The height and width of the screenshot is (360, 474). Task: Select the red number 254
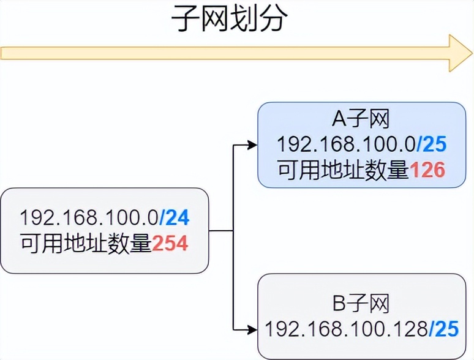(170, 244)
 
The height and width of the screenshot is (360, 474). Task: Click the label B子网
(361, 303)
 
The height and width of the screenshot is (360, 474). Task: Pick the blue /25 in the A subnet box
(432, 145)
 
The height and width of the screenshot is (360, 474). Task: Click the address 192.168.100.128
(345, 329)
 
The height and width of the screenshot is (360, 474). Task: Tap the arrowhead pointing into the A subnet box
(251, 145)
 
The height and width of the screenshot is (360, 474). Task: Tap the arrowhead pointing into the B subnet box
(251, 329)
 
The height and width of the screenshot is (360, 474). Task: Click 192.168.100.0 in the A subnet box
(346, 145)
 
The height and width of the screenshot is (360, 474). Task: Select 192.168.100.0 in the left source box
(89, 217)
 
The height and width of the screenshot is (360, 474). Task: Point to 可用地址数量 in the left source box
(86, 244)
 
